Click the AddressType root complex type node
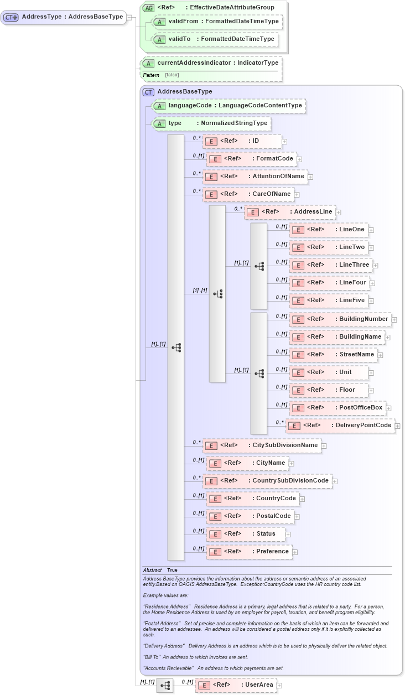[64, 17]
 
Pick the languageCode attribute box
[229, 106]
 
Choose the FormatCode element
[251, 159]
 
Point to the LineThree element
[330, 265]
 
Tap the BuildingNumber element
[340, 319]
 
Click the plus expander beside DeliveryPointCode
[398, 426]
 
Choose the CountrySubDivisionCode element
[267, 481]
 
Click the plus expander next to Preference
[295, 552]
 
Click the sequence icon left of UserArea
[165, 685]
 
